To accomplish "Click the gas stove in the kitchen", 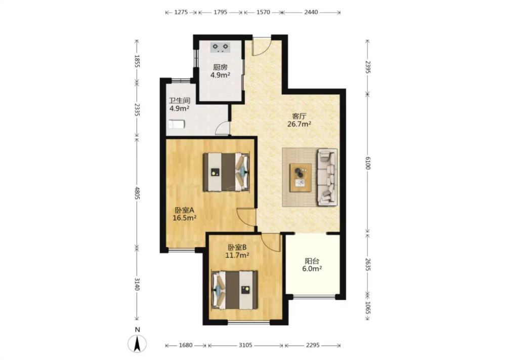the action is point(221,48).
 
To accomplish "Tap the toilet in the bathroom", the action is point(177,124).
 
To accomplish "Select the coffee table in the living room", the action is point(301,178).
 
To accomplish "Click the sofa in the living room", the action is point(327,177).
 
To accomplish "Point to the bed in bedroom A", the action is point(226,172).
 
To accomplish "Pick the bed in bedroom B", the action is point(235,290).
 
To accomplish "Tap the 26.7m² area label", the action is point(299,124).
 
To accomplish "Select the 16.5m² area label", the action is point(185,218).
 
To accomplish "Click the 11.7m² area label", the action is point(237,256).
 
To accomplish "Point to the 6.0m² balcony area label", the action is point(312,269).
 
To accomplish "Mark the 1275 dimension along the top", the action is point(181,12).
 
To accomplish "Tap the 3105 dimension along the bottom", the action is point(245,345).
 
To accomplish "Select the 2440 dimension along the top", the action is point(311,12).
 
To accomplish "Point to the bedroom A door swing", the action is point(246,216).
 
